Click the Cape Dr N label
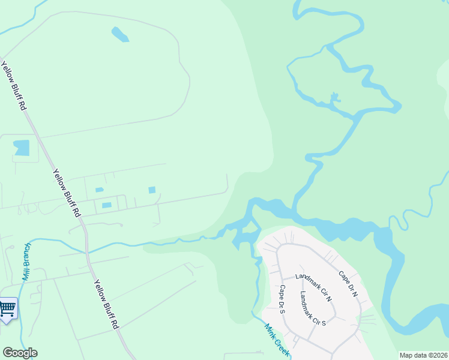coord(348,284)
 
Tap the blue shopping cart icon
coord(7,308)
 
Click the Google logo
coord(20,353)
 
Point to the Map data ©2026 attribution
coord(423,355)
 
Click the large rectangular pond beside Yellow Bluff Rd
coord(22,148)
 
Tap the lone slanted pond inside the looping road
coord(119,34)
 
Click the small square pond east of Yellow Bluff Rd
coord(152,190)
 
